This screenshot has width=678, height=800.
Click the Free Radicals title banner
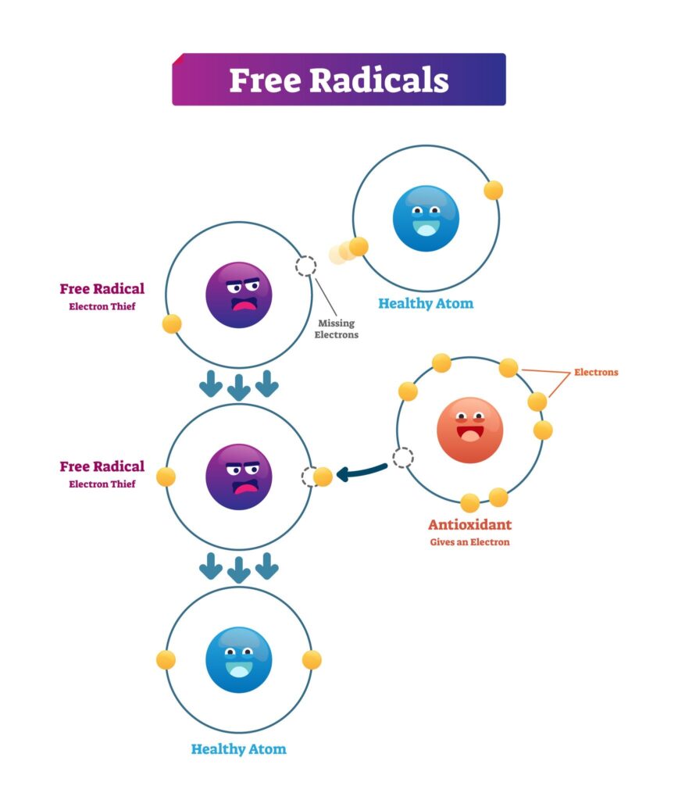338,80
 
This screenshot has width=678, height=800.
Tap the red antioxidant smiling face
469,430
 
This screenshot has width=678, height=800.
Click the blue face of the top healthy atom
426,219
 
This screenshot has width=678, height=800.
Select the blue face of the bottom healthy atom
239,659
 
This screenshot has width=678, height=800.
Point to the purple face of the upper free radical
239,295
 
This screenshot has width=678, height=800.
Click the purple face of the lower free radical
239,477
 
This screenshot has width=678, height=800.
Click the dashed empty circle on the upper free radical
305,266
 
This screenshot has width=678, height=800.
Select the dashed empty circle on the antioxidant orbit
402,458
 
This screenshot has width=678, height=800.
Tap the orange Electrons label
596,372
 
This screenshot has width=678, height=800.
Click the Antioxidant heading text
469,525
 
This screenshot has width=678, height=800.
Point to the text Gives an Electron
469,542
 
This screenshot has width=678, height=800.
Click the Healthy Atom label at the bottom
239,749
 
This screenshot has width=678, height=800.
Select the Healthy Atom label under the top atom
426,303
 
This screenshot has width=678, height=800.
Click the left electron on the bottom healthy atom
166,659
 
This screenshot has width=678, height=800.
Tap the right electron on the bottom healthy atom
312,659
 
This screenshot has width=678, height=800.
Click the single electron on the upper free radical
172,323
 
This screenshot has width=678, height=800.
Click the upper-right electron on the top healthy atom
493,190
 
